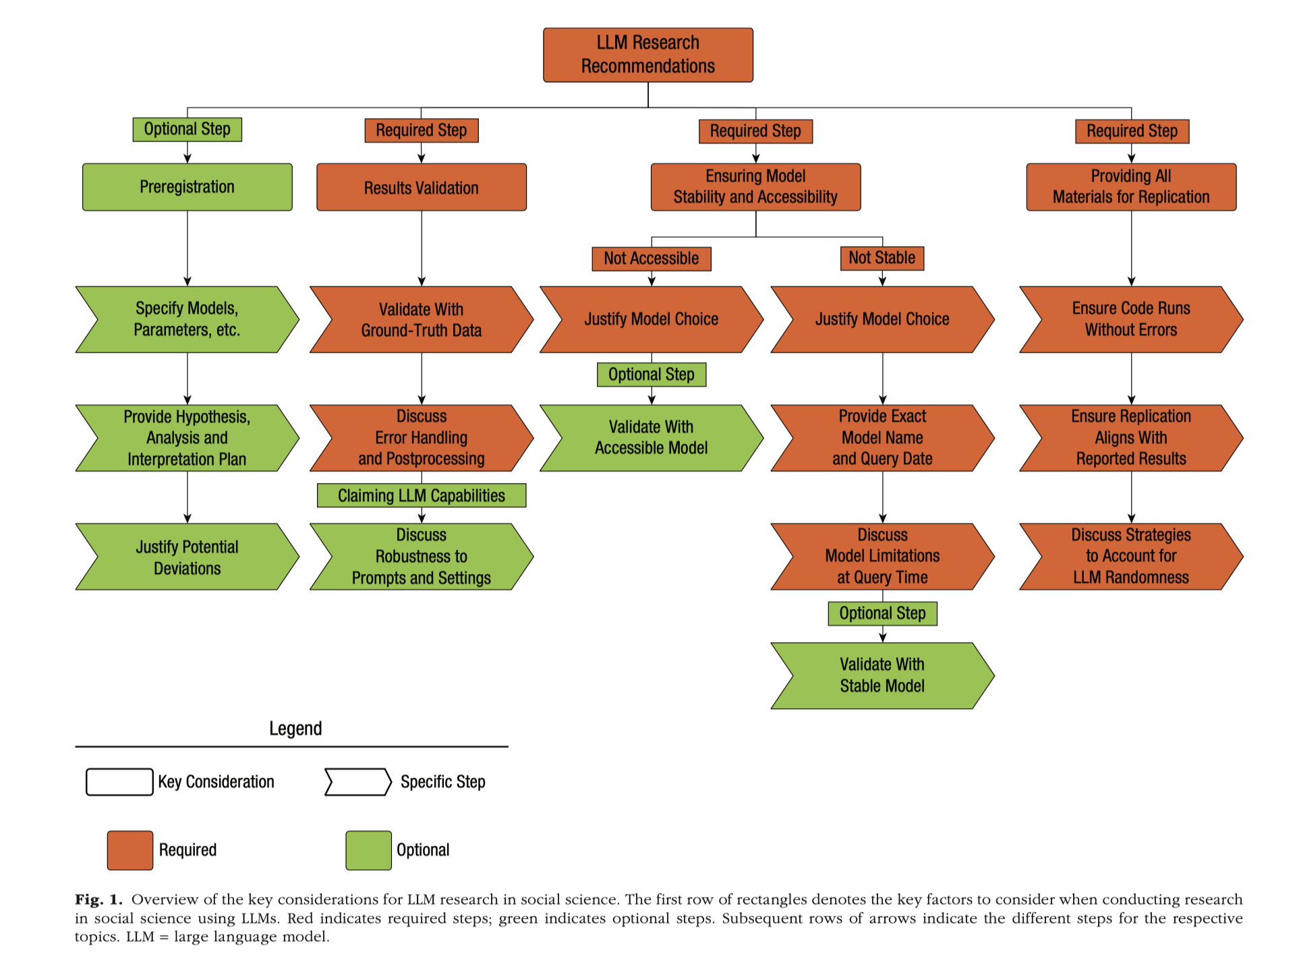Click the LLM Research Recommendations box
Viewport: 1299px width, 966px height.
pos(648,55)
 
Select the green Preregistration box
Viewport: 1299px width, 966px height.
pos(187,187)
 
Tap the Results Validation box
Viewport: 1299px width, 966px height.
pos(422,187)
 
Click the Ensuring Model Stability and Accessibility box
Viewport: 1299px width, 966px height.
pos(755,187)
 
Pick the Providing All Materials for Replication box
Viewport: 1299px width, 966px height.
pos(1131,187)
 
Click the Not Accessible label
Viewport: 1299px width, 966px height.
pos(652,258)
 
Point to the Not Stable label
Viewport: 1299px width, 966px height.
pos(882,258)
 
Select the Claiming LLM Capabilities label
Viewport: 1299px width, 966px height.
pos(422,495)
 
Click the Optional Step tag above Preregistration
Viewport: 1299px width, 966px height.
pos(187,129)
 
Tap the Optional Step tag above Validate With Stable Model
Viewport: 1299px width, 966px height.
pos(882,613)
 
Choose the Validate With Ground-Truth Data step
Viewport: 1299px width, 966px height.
pos(422,320)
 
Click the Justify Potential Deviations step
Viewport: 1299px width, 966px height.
pos(187,557)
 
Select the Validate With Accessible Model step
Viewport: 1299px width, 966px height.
pos(652,438)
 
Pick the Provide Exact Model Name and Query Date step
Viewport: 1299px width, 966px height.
pos(882,438)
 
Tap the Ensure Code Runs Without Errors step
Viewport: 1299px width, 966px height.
pos(1131,320)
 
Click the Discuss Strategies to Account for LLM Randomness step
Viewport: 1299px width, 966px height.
pos(1131,557)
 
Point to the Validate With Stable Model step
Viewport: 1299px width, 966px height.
pos(882,675)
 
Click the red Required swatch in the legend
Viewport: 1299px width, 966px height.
pos(130,850)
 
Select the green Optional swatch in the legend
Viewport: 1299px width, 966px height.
pos(369,850)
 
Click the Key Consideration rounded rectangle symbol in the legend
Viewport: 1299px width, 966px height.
pos(119,782)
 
